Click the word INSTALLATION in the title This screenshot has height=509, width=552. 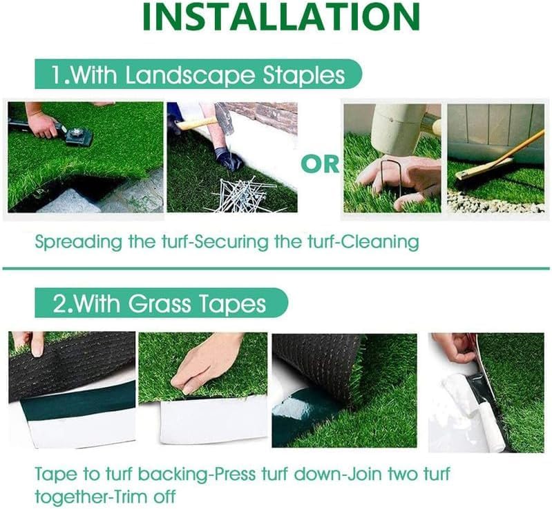pyautogui.click(x=280, y=18)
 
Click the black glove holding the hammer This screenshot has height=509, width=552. pyautogui.click(x=228, y=159)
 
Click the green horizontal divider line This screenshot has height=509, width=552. pyautogui.click(x=276, y=268)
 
